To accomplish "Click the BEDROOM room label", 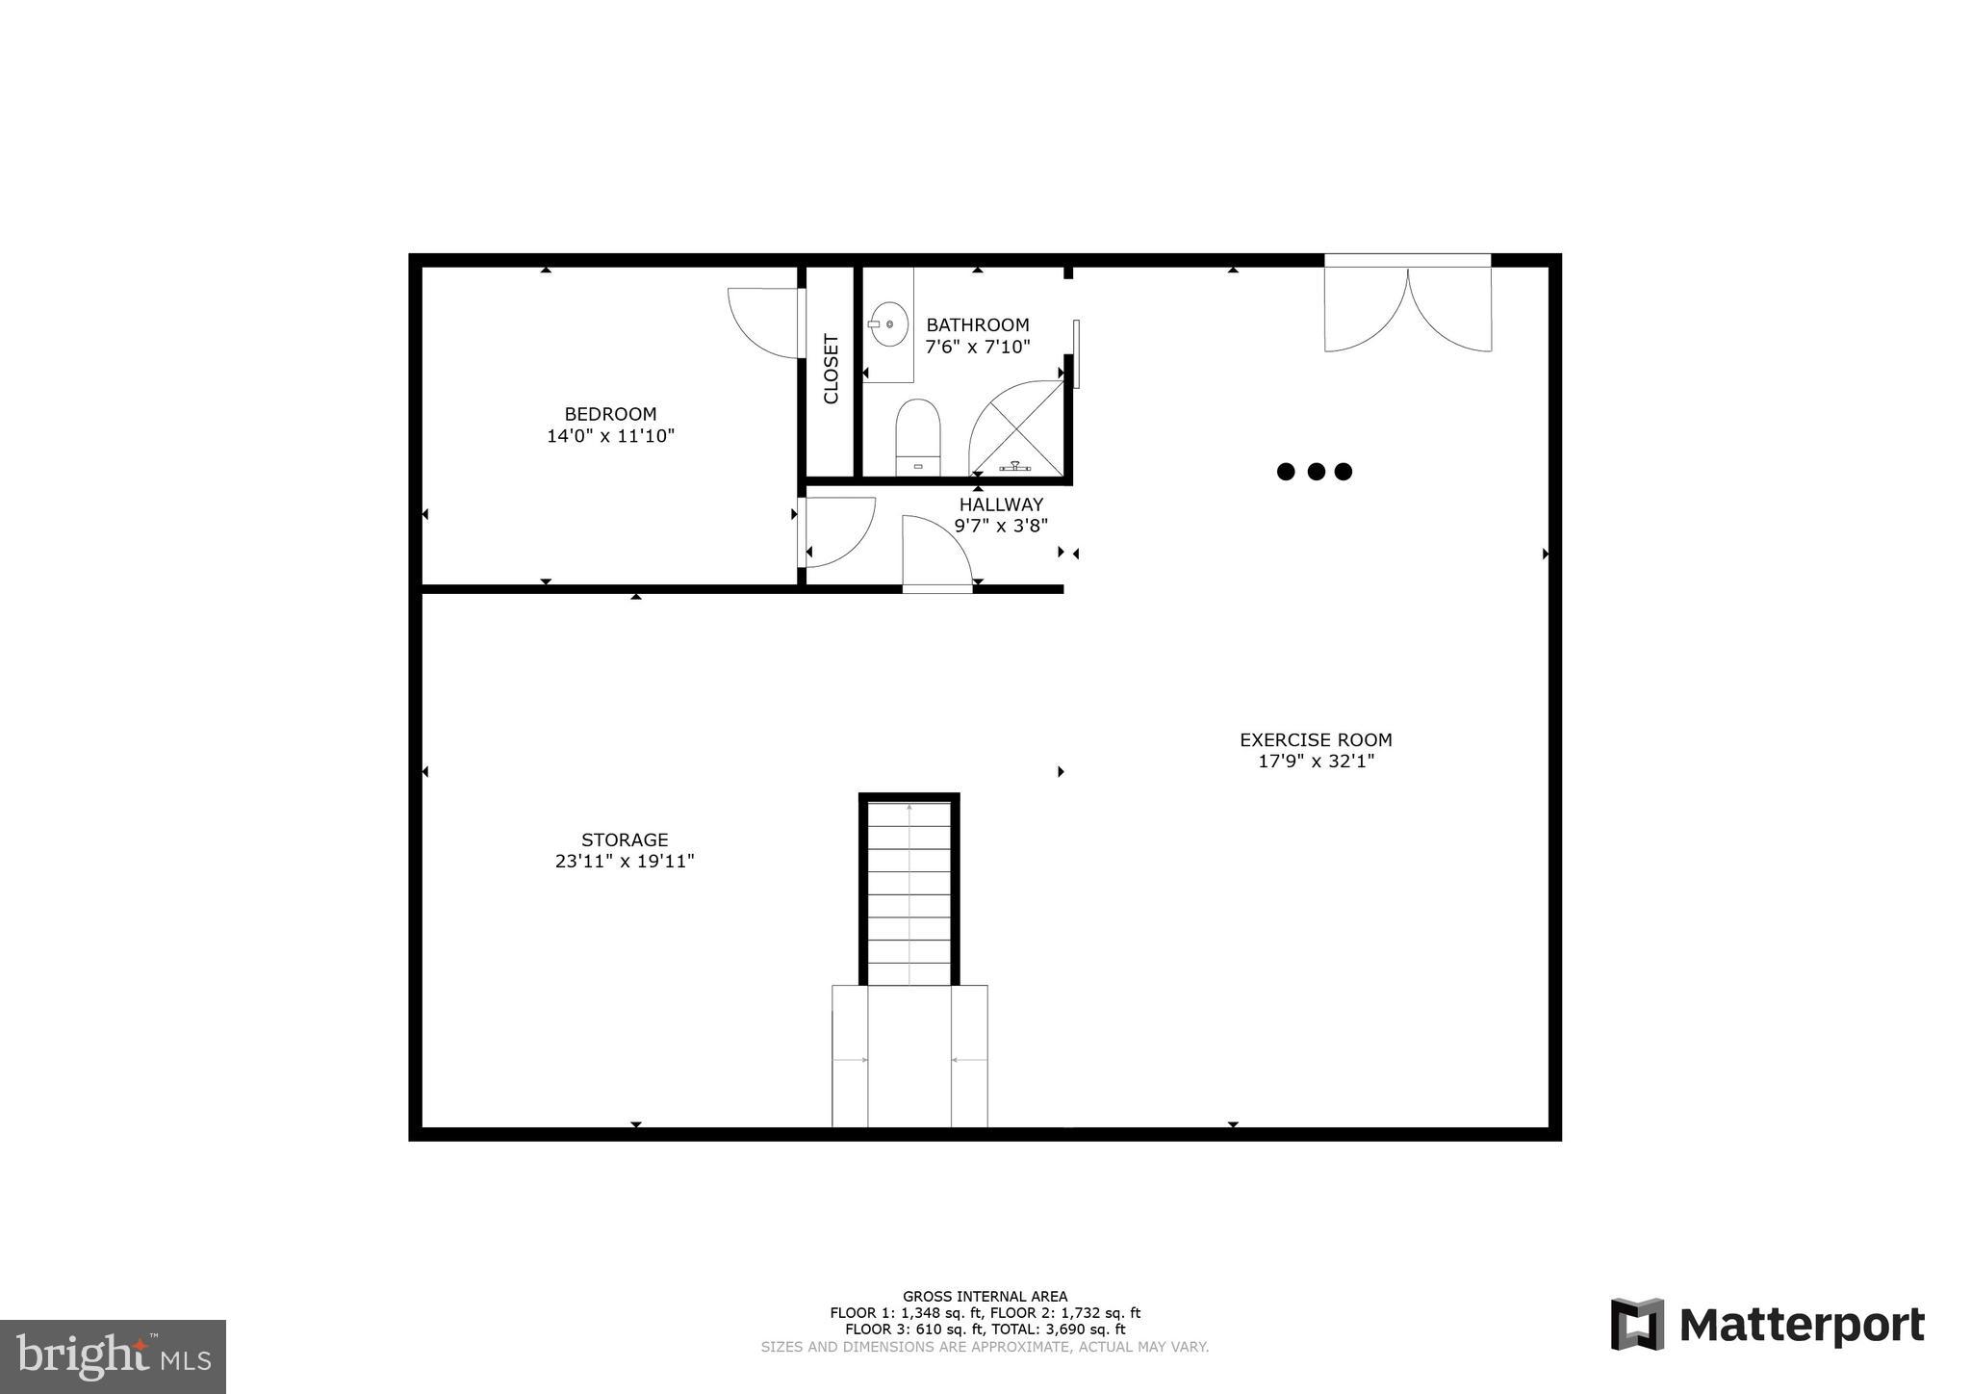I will pos(610,414).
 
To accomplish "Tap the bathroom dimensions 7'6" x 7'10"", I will pos(978,347).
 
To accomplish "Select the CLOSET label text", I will pos(832,369).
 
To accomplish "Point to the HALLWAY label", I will pos(1001,504).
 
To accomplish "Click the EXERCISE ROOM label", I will pos(1316,739).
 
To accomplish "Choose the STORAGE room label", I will pos(625,839).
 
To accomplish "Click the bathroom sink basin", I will pos(889,324).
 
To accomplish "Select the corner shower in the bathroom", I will pos(1018,430).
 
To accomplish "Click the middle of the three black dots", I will pos(1316,472).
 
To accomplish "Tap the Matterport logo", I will pos(1767,1325).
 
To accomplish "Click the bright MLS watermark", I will pos(113,1356).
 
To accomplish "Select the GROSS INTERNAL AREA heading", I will pos(985,1296).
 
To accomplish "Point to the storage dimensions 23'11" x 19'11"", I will pos(625,862).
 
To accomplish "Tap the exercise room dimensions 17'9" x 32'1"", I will pos(1316,762).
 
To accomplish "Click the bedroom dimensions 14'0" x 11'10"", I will pos(610,436).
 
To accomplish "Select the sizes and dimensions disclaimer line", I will pos(985,1347).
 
